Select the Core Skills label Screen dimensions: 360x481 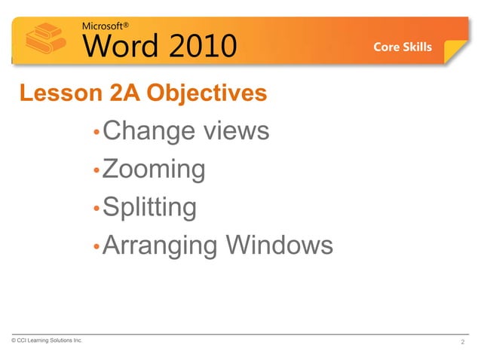[x=403, y=47]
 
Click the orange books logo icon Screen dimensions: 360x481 [x=43, y=39]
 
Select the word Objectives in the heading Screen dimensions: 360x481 [x=207, y=93]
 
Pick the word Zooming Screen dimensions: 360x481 [x=154, y=169]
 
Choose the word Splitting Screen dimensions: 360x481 [x=149, y=207]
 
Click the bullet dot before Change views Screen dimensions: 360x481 [x=96, y=134]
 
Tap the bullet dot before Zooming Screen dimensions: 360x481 [x=96, y=172]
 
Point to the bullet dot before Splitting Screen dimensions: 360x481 [x=96, y=209]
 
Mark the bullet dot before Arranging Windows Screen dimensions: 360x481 [x=96, y=247]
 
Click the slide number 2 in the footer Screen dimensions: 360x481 [x=461, y=343]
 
